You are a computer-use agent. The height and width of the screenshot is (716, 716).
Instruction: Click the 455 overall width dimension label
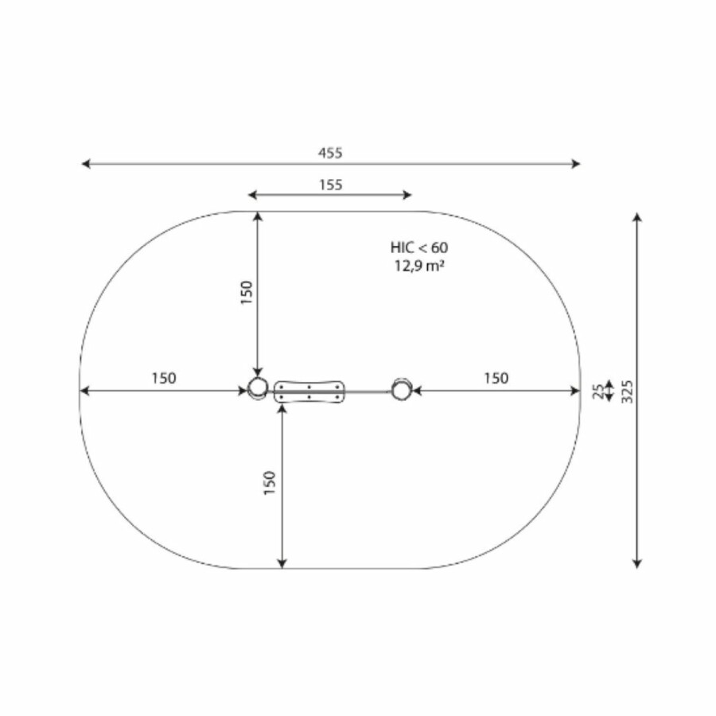point(330,153)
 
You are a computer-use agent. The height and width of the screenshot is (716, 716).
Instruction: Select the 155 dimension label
point(331,185)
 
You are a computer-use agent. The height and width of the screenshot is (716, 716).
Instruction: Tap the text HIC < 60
point(419,248)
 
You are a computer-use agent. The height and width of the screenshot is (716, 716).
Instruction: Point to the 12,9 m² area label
point(419,265)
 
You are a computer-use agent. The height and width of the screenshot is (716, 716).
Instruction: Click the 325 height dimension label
point(628,391)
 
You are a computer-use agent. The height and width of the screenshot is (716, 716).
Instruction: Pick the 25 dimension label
point(597,391)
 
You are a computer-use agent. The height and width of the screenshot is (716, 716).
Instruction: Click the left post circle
point(258,388)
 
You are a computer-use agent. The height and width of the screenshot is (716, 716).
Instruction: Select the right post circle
point(402,390)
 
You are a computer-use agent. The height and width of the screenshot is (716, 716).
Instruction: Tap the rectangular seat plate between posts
point(309,391)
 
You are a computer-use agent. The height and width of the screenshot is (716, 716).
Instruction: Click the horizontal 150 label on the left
point(163,378)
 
